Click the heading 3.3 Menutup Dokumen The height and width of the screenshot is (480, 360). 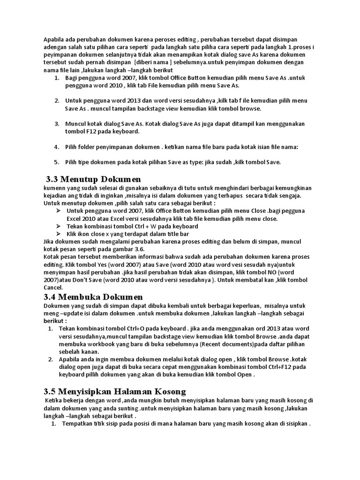pos(93,179)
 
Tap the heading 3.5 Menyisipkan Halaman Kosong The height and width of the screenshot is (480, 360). pos(115,391)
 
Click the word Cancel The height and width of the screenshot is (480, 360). pos(53,287)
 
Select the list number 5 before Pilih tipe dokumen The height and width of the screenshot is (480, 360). pos(56,162)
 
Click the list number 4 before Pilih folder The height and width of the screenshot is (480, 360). pos(56,147)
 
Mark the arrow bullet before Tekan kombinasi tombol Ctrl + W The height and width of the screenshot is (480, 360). pos(58,226)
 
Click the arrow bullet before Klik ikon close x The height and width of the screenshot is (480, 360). pos(58,234)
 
